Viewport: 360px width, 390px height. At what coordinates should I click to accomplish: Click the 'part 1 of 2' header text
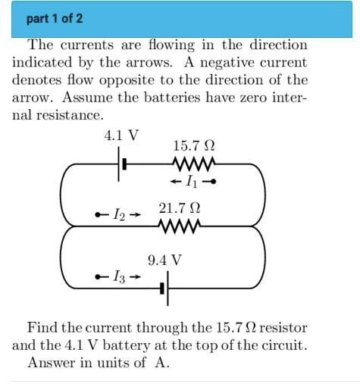(x=55, y=18)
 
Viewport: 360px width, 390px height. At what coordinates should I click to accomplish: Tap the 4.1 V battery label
(x=121, y=136)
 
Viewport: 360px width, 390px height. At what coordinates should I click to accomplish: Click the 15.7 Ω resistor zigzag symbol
(x=195, y=164)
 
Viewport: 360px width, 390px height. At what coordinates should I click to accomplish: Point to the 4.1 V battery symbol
(x=120, y=164)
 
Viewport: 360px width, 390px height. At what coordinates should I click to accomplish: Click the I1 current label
(x=193, y=182)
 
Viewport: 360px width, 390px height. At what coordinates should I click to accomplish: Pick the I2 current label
(x=118, y=216)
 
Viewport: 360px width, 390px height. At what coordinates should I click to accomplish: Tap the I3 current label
(x=118, y=277)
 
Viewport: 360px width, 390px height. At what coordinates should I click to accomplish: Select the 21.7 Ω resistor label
(x=180, y=207)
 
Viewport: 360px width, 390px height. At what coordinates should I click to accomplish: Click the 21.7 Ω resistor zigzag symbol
(x=180, y=226)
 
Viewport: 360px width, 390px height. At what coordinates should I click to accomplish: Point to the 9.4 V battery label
(x=164, y=261)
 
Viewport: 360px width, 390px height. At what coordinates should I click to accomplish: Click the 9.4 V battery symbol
(x=166, y=289)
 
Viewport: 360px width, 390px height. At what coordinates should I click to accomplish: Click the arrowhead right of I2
(x=136, y=216)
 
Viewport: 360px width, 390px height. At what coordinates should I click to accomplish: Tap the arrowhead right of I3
(x=136, y=277)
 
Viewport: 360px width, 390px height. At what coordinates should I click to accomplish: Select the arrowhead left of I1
(x=174, y=182)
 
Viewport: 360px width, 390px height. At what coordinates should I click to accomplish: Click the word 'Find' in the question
(x=42, y=328)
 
